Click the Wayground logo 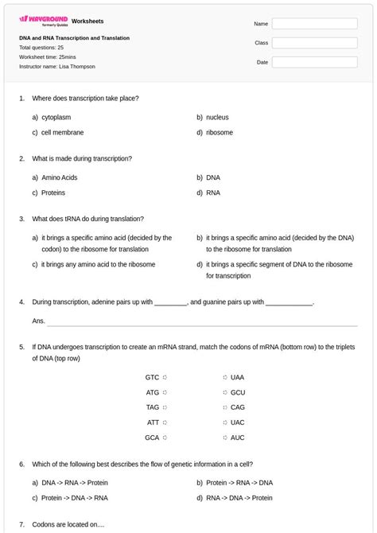click(x=43, y=21)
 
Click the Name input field click(x=314, y=24)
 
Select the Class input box click(x=314, y=43)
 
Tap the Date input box click(x=314, y=61)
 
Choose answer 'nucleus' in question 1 click(x=217, y=117)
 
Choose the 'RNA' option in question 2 click(x=213, y=193)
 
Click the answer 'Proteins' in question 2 click(x=53, y=193)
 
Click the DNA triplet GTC click(x=152, y=377)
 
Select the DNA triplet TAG click(x=152, y=407)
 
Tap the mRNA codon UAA click(x=238, y=377)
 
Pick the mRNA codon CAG click(x=238, y=407)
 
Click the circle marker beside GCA click(x=165, y=438)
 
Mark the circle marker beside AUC click(x=225, y=438)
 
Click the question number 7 click(x=21, y=524)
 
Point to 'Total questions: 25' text click(x=41, y=48)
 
